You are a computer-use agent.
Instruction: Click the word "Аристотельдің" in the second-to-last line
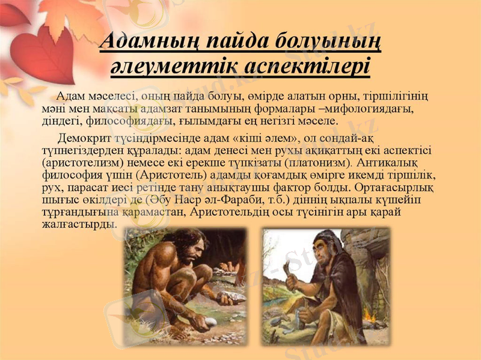click(x=257, y=212)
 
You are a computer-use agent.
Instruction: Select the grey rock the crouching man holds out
click(x=231, y=297)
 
